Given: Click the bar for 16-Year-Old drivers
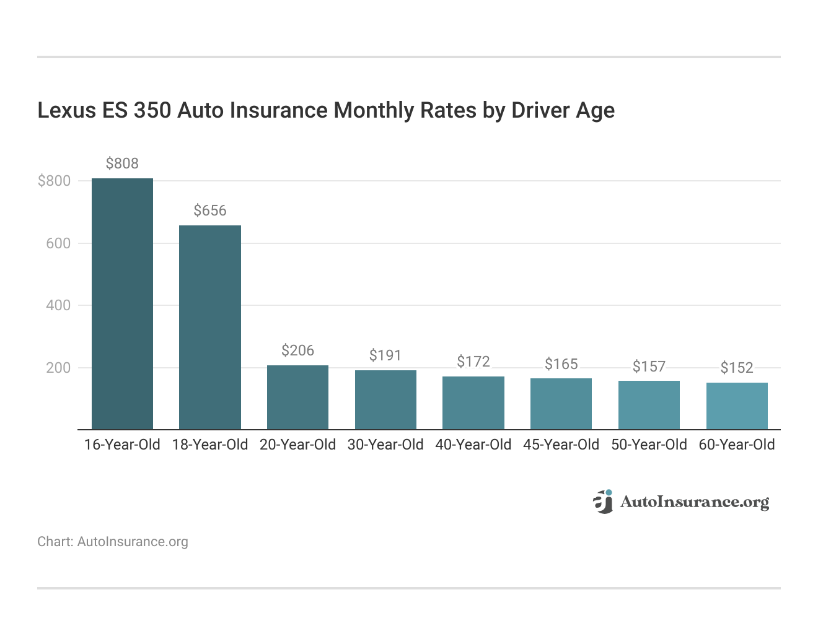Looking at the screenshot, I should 122,303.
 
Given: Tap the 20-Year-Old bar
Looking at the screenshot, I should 297,397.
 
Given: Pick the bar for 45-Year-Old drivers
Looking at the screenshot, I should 561,404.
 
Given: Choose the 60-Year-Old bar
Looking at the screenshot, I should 737,406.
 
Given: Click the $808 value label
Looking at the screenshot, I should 122,163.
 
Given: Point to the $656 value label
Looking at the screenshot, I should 210,211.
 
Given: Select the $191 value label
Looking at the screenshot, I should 385,355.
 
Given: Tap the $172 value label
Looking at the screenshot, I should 473,362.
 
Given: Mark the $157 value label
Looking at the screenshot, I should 649,367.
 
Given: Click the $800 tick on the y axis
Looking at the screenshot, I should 55,181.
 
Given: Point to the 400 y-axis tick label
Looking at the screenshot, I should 58,305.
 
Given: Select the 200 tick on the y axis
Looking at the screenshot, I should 58,368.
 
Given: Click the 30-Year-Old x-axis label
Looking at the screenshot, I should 385,445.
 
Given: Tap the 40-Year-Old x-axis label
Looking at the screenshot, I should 473,445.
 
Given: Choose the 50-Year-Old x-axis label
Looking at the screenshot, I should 649,445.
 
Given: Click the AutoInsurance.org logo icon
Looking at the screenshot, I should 603,502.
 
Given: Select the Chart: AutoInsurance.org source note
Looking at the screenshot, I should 113,542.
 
